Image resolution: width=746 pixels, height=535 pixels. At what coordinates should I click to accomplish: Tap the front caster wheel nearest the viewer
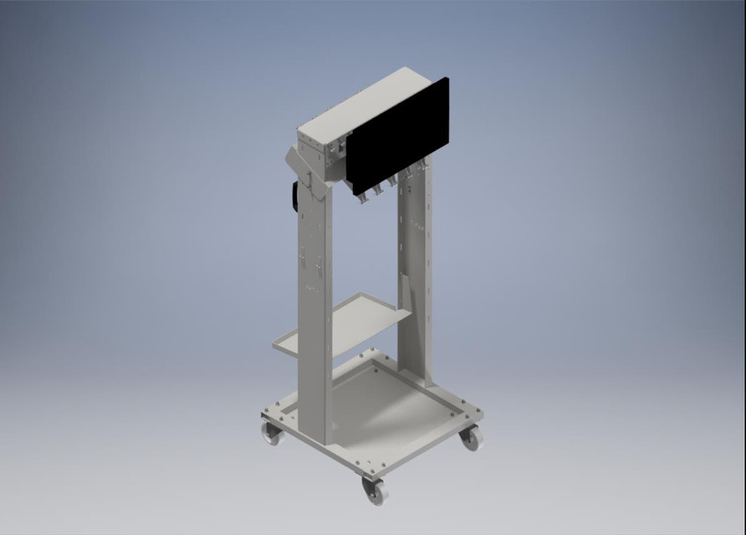point(374,491)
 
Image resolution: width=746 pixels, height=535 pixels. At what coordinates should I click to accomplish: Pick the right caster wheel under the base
point(472,437)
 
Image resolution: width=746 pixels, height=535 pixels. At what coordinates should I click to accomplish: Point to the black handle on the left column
point(295,196)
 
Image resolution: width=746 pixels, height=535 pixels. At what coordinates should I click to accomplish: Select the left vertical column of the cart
point(314,318)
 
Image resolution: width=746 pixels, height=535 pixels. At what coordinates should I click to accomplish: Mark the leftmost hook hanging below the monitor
point(362,198)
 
